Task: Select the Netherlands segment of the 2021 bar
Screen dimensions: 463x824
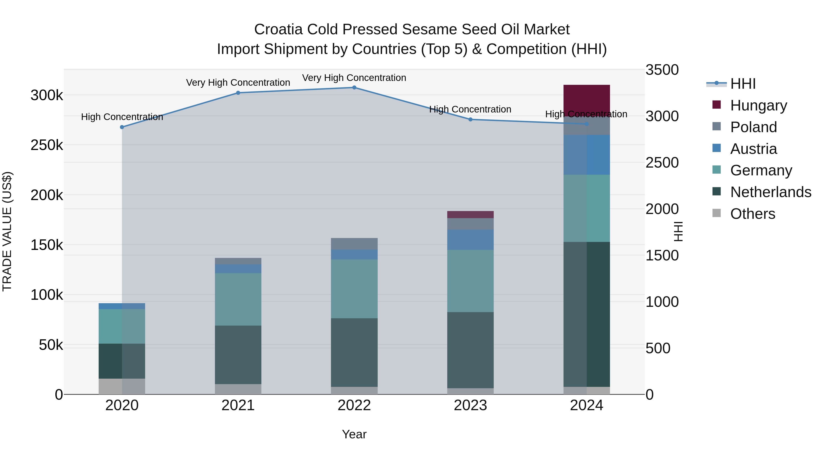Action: (238, 355)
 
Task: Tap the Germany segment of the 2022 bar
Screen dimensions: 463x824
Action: (354, 289)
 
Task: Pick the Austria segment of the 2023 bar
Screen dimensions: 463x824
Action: (470, 240)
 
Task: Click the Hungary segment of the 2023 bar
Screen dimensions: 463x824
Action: (470, 214)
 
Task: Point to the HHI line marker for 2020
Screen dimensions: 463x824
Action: (122, 127)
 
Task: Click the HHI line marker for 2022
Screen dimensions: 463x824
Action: (354, 88)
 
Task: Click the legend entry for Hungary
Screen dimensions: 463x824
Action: (758, 105)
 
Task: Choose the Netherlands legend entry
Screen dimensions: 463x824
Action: (770, 192)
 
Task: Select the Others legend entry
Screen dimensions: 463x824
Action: (752, 214)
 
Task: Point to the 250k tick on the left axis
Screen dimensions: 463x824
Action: (47, 145)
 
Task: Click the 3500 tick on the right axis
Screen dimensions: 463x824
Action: (661, 70)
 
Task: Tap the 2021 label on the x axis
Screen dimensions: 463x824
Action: (238, 405)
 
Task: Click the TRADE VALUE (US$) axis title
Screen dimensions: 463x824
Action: (7, 231)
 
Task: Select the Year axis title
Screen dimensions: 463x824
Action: (354, 434)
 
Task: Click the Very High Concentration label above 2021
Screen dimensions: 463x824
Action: (238, 83)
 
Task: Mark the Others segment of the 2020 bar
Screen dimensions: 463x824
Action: (122, 386)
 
